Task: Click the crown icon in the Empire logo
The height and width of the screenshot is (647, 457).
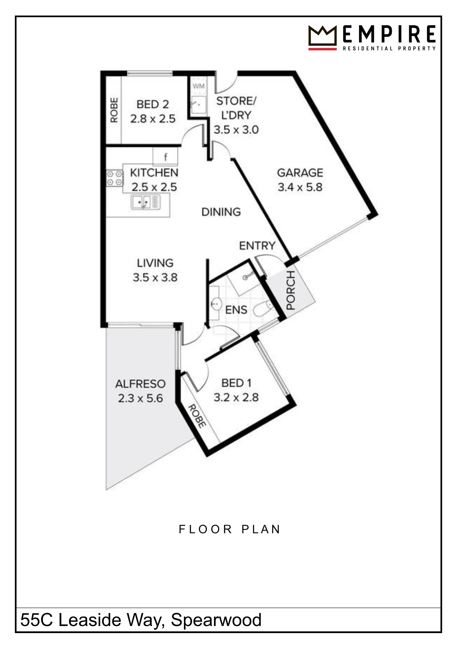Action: point(322,38)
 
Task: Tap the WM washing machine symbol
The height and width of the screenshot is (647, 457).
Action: point(198,86)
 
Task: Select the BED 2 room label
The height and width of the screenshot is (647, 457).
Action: point(153,104)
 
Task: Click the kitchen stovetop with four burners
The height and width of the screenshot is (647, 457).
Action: point(115,178)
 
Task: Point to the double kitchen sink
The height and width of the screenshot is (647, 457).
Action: point(145,202)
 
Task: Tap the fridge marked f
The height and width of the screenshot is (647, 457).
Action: point(165,157)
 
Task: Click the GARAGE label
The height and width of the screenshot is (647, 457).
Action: point(300,173)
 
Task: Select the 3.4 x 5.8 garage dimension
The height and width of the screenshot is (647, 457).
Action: point(300,187)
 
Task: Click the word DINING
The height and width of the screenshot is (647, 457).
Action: point(221,212)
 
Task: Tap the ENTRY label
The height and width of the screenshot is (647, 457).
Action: point(257,246)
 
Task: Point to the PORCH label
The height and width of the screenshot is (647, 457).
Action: point(291,291)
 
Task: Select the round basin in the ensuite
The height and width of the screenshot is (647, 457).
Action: point(216,303)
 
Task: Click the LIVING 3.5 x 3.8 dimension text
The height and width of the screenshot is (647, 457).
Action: point(155,278)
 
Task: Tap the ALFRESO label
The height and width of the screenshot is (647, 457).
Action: point(140,384)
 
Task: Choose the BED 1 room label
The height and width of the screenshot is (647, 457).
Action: point(236,383)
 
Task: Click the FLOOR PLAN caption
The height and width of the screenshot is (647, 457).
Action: point(229,530)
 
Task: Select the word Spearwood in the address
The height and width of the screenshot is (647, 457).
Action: point(216,620)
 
